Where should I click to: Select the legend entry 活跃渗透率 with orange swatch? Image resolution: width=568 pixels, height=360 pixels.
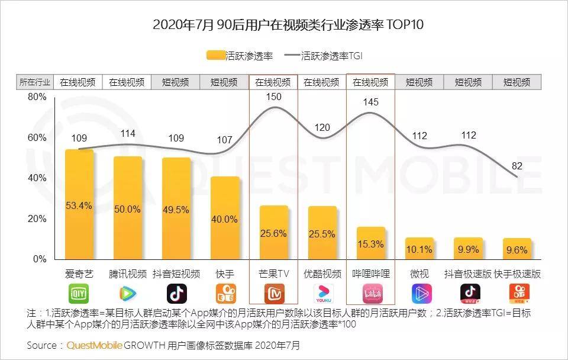[240, 56]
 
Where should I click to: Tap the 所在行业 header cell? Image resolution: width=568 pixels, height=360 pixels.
[35, 82]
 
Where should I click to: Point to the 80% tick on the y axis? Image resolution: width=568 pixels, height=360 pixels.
[37, 97]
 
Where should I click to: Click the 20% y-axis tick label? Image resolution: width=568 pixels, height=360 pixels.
[37, 219]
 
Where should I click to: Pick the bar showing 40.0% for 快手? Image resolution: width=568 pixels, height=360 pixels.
[225, 218]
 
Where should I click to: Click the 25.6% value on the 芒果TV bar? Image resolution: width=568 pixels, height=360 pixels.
[273, 233]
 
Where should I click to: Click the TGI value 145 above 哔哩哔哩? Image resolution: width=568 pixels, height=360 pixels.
[370, 102]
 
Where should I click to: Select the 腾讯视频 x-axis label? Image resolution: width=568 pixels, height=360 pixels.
[128, 274]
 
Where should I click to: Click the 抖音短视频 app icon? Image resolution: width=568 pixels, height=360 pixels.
[176, 294]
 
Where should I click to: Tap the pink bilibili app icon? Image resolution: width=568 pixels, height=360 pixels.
[371, 294]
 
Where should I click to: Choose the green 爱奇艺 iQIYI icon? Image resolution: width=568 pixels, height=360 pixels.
[79, 294]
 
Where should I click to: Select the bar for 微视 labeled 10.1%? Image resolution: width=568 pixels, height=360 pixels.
[419, 249]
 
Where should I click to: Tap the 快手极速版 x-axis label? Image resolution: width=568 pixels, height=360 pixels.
[517, 274]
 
